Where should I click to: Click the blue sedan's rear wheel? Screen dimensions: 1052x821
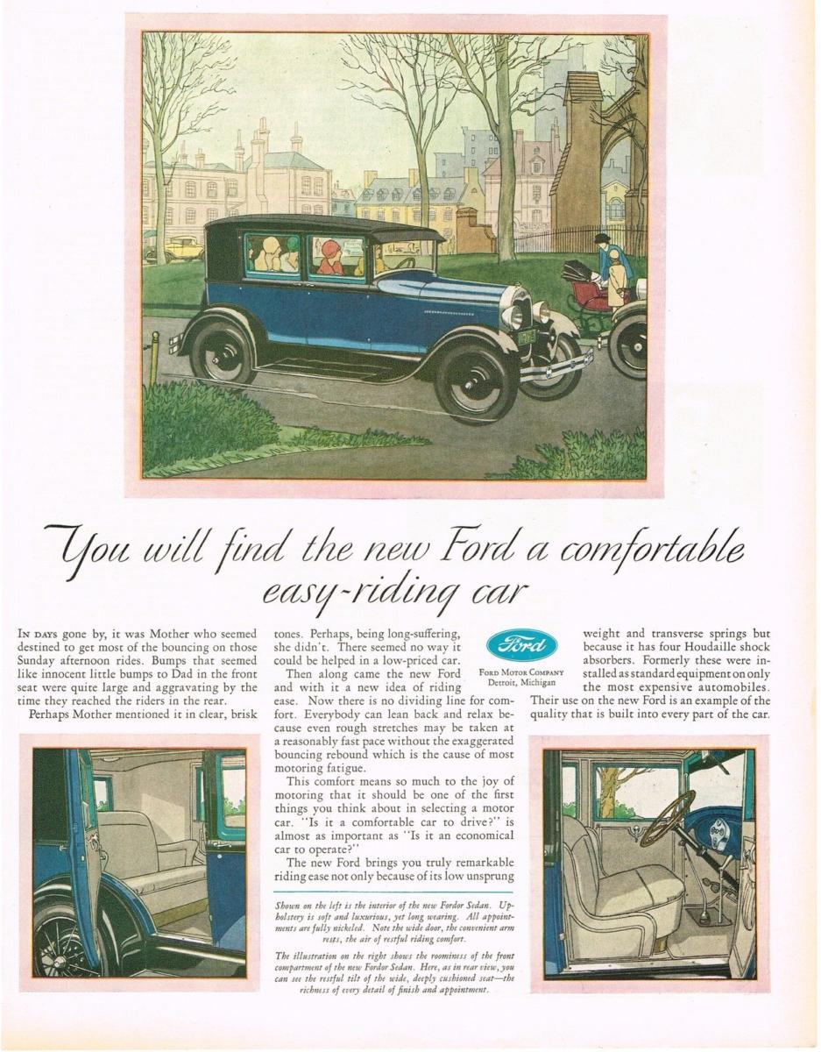[222, 351]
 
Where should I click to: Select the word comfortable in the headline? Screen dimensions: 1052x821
[652, 551]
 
